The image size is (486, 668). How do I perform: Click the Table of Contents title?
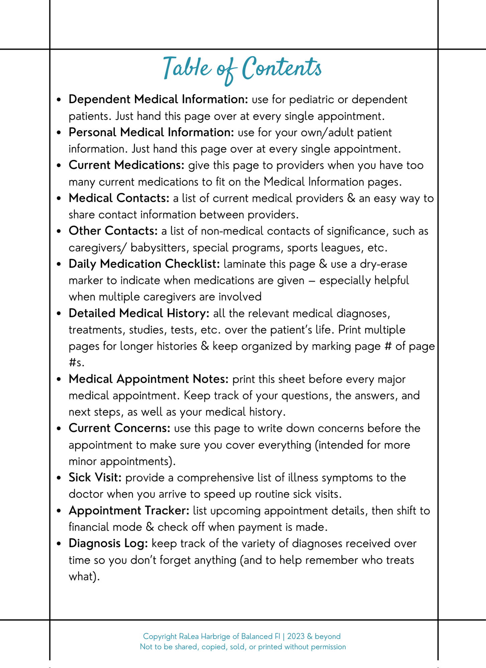click(x=243, y=68)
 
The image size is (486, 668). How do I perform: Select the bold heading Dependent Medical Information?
click(x=158, y=100)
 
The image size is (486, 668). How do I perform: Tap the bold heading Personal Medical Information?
click(x=151, y=133)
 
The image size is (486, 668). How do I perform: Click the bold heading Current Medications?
click(x=127, y=165)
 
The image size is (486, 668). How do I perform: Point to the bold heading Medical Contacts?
click(x=119, y=198)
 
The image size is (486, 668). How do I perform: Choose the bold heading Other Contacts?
click(x=113, y=231)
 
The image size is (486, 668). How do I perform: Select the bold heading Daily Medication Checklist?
click(x=144, y=264)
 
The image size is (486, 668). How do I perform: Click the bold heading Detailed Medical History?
click(x=139, y=313)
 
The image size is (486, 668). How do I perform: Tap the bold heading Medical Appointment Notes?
click(x=148, y=379)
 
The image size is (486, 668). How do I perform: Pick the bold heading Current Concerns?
click(x=120, y=429)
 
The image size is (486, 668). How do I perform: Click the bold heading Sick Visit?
click(x=95, y=478)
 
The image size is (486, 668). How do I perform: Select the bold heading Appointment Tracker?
click(x=129, y=511)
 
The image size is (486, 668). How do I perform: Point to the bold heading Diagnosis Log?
click(x=108, y=543)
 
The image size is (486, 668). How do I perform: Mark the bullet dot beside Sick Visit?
click(x=59, y=478)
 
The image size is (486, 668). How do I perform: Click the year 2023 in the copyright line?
click(x=295, y=636)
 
